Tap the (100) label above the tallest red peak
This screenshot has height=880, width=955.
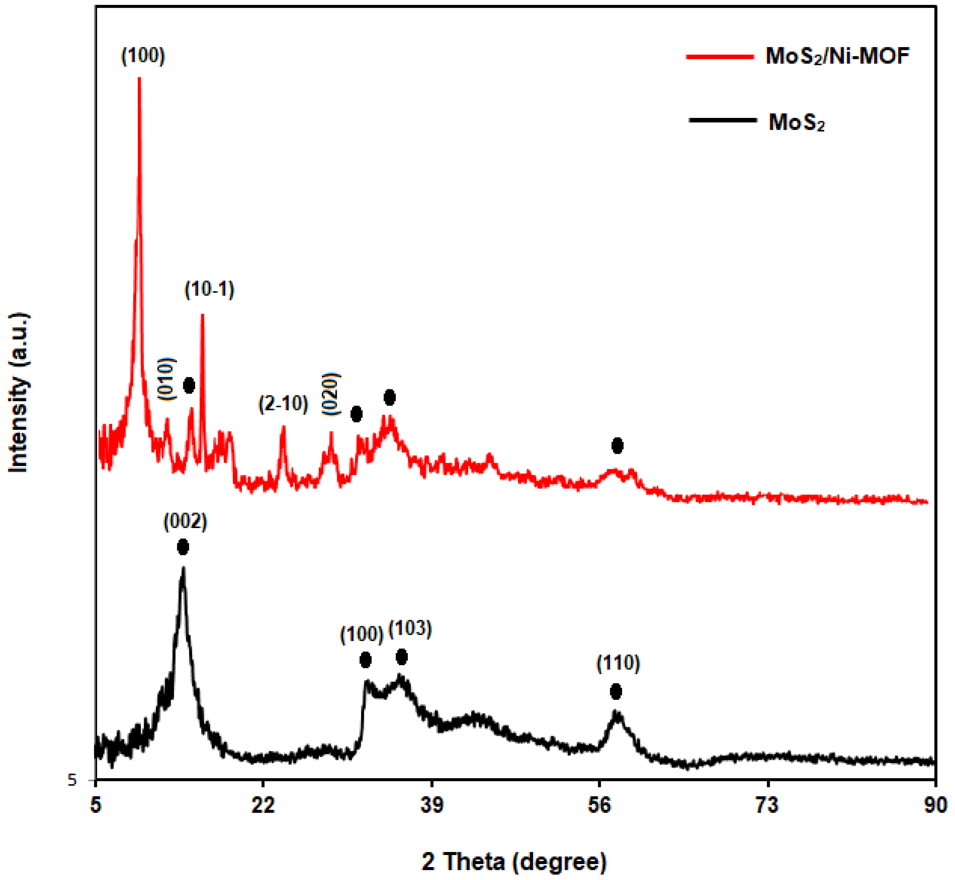pos(143,56)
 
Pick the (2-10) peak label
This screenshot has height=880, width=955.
pos(283,404)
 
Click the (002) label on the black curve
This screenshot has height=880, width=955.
pos(185,522)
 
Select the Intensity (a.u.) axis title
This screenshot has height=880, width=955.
pos(19,393)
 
